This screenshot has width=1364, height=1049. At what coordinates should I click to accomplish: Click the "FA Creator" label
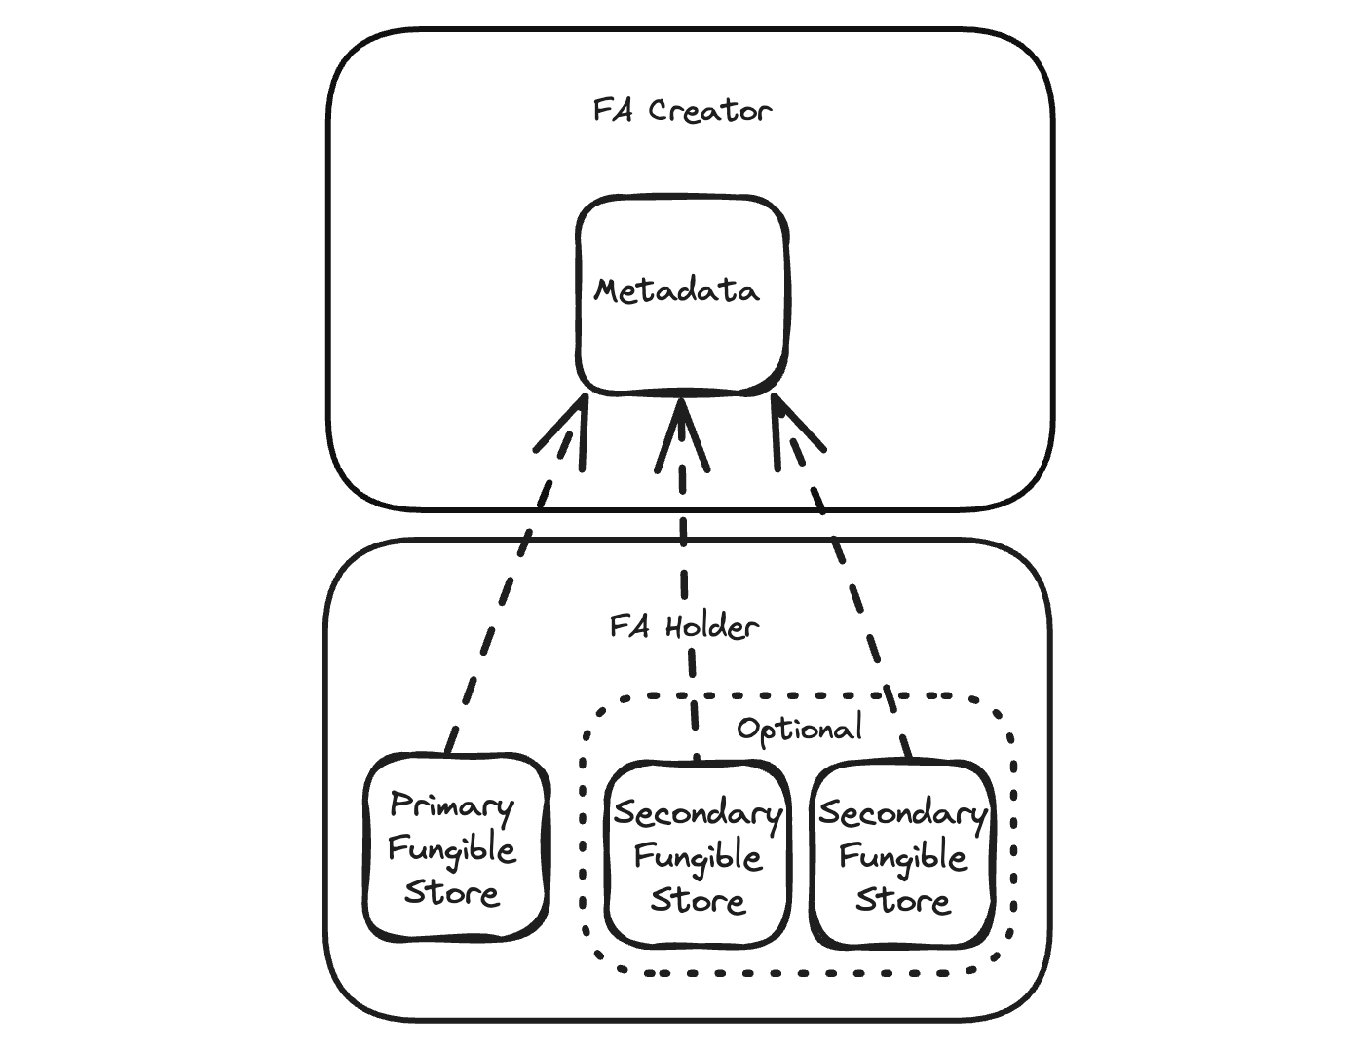[x=682, y=110]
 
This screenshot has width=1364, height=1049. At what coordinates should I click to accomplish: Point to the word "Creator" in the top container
[x=710, y=110]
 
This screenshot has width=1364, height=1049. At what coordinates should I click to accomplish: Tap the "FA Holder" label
[x=684, y=625]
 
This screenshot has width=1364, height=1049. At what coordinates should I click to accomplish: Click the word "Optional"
[x=799, y=729]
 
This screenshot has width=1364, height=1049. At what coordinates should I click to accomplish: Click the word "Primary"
[x=451, y=806]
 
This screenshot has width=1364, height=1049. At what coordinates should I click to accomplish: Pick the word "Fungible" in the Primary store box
[x=451, y=849]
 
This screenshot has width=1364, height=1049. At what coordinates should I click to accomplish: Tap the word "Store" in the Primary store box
[x=452, y=892]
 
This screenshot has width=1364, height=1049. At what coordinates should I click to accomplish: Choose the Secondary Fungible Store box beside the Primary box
[x=697, y=854]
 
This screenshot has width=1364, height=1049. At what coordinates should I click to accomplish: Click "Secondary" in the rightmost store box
[x=903, y=814]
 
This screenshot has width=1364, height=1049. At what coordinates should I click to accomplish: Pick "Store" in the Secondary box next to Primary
[x=698, y=899]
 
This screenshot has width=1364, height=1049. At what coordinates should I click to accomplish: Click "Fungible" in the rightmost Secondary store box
[x=903, y=857]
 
